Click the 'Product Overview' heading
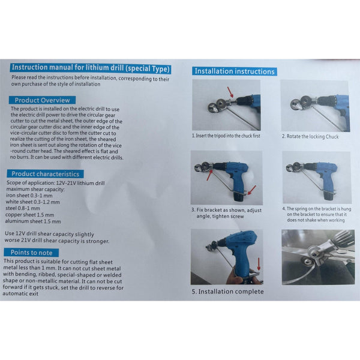pyautogui.click(x=41, y=100)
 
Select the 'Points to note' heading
pyautogui.click(x=34, y=253)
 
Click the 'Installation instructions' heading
pyautogui.click(x=235, y=71)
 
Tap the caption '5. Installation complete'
pyautogui.click(x=228, y=292)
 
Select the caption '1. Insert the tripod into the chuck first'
pyautogui.click(x=226, y=136)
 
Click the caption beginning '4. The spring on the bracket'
pyautogui.click(x=316, y=214)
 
